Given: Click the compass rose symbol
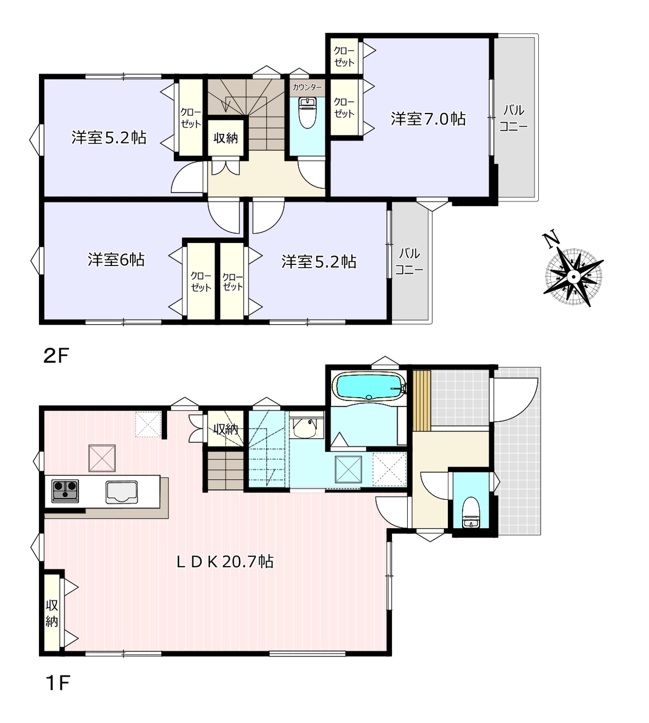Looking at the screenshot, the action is pyautogui.click(x=573, y=277).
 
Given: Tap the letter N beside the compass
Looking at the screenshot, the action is pyautogui.click(x=551, y=241).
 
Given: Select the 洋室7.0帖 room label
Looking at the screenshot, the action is pyautogui.click(x=428, y=119).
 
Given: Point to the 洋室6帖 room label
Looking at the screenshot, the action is pyautogui.click(x=116, y=260).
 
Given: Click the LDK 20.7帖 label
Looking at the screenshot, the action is pyautogui.click(x=225, y=561).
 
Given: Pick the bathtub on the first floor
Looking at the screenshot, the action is pyautogui.click(x=369, y=387).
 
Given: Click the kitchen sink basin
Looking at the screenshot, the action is pyautogui.click(x=122, y=492).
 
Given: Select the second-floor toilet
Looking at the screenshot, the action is pyautogui.click(x=307, y=113).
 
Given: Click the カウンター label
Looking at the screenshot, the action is pyautogui.click(x=307, y=87).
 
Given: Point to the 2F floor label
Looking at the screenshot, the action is pyautogui.click(x=56, y=356).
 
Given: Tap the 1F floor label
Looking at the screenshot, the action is pyautogui.click(x=57, y=683).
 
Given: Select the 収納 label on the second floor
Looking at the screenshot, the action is pyautogui.click(x=225, y=138).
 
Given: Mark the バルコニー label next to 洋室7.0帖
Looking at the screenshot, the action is pyautogui.click(x=513, y=119).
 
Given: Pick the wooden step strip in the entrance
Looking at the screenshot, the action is pyautogui.click(x=422, y=400).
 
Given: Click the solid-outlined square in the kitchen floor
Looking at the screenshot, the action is pyautogui.click(x=102, y=458).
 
